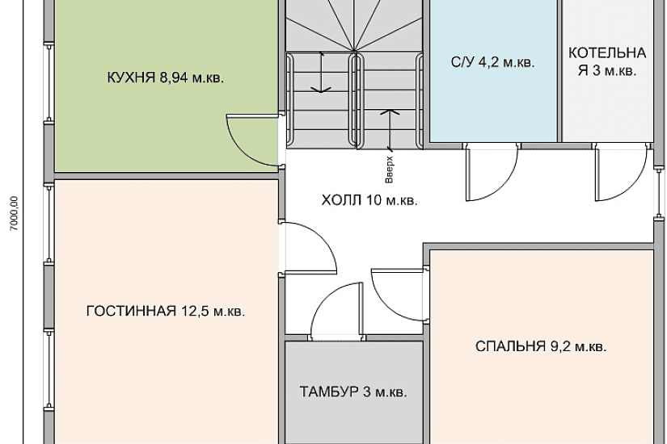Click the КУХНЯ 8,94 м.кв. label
point(165,78)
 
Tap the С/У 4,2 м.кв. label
point(492,62)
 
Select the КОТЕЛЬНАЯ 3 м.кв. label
point(607,62)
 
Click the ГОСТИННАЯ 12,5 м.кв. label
point(165,311)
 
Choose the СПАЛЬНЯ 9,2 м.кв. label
point(541,347)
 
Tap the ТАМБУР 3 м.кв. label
point(353,393)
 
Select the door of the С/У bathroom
point(490,172)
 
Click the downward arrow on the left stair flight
point(322,73)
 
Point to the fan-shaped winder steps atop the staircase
point(352,24)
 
